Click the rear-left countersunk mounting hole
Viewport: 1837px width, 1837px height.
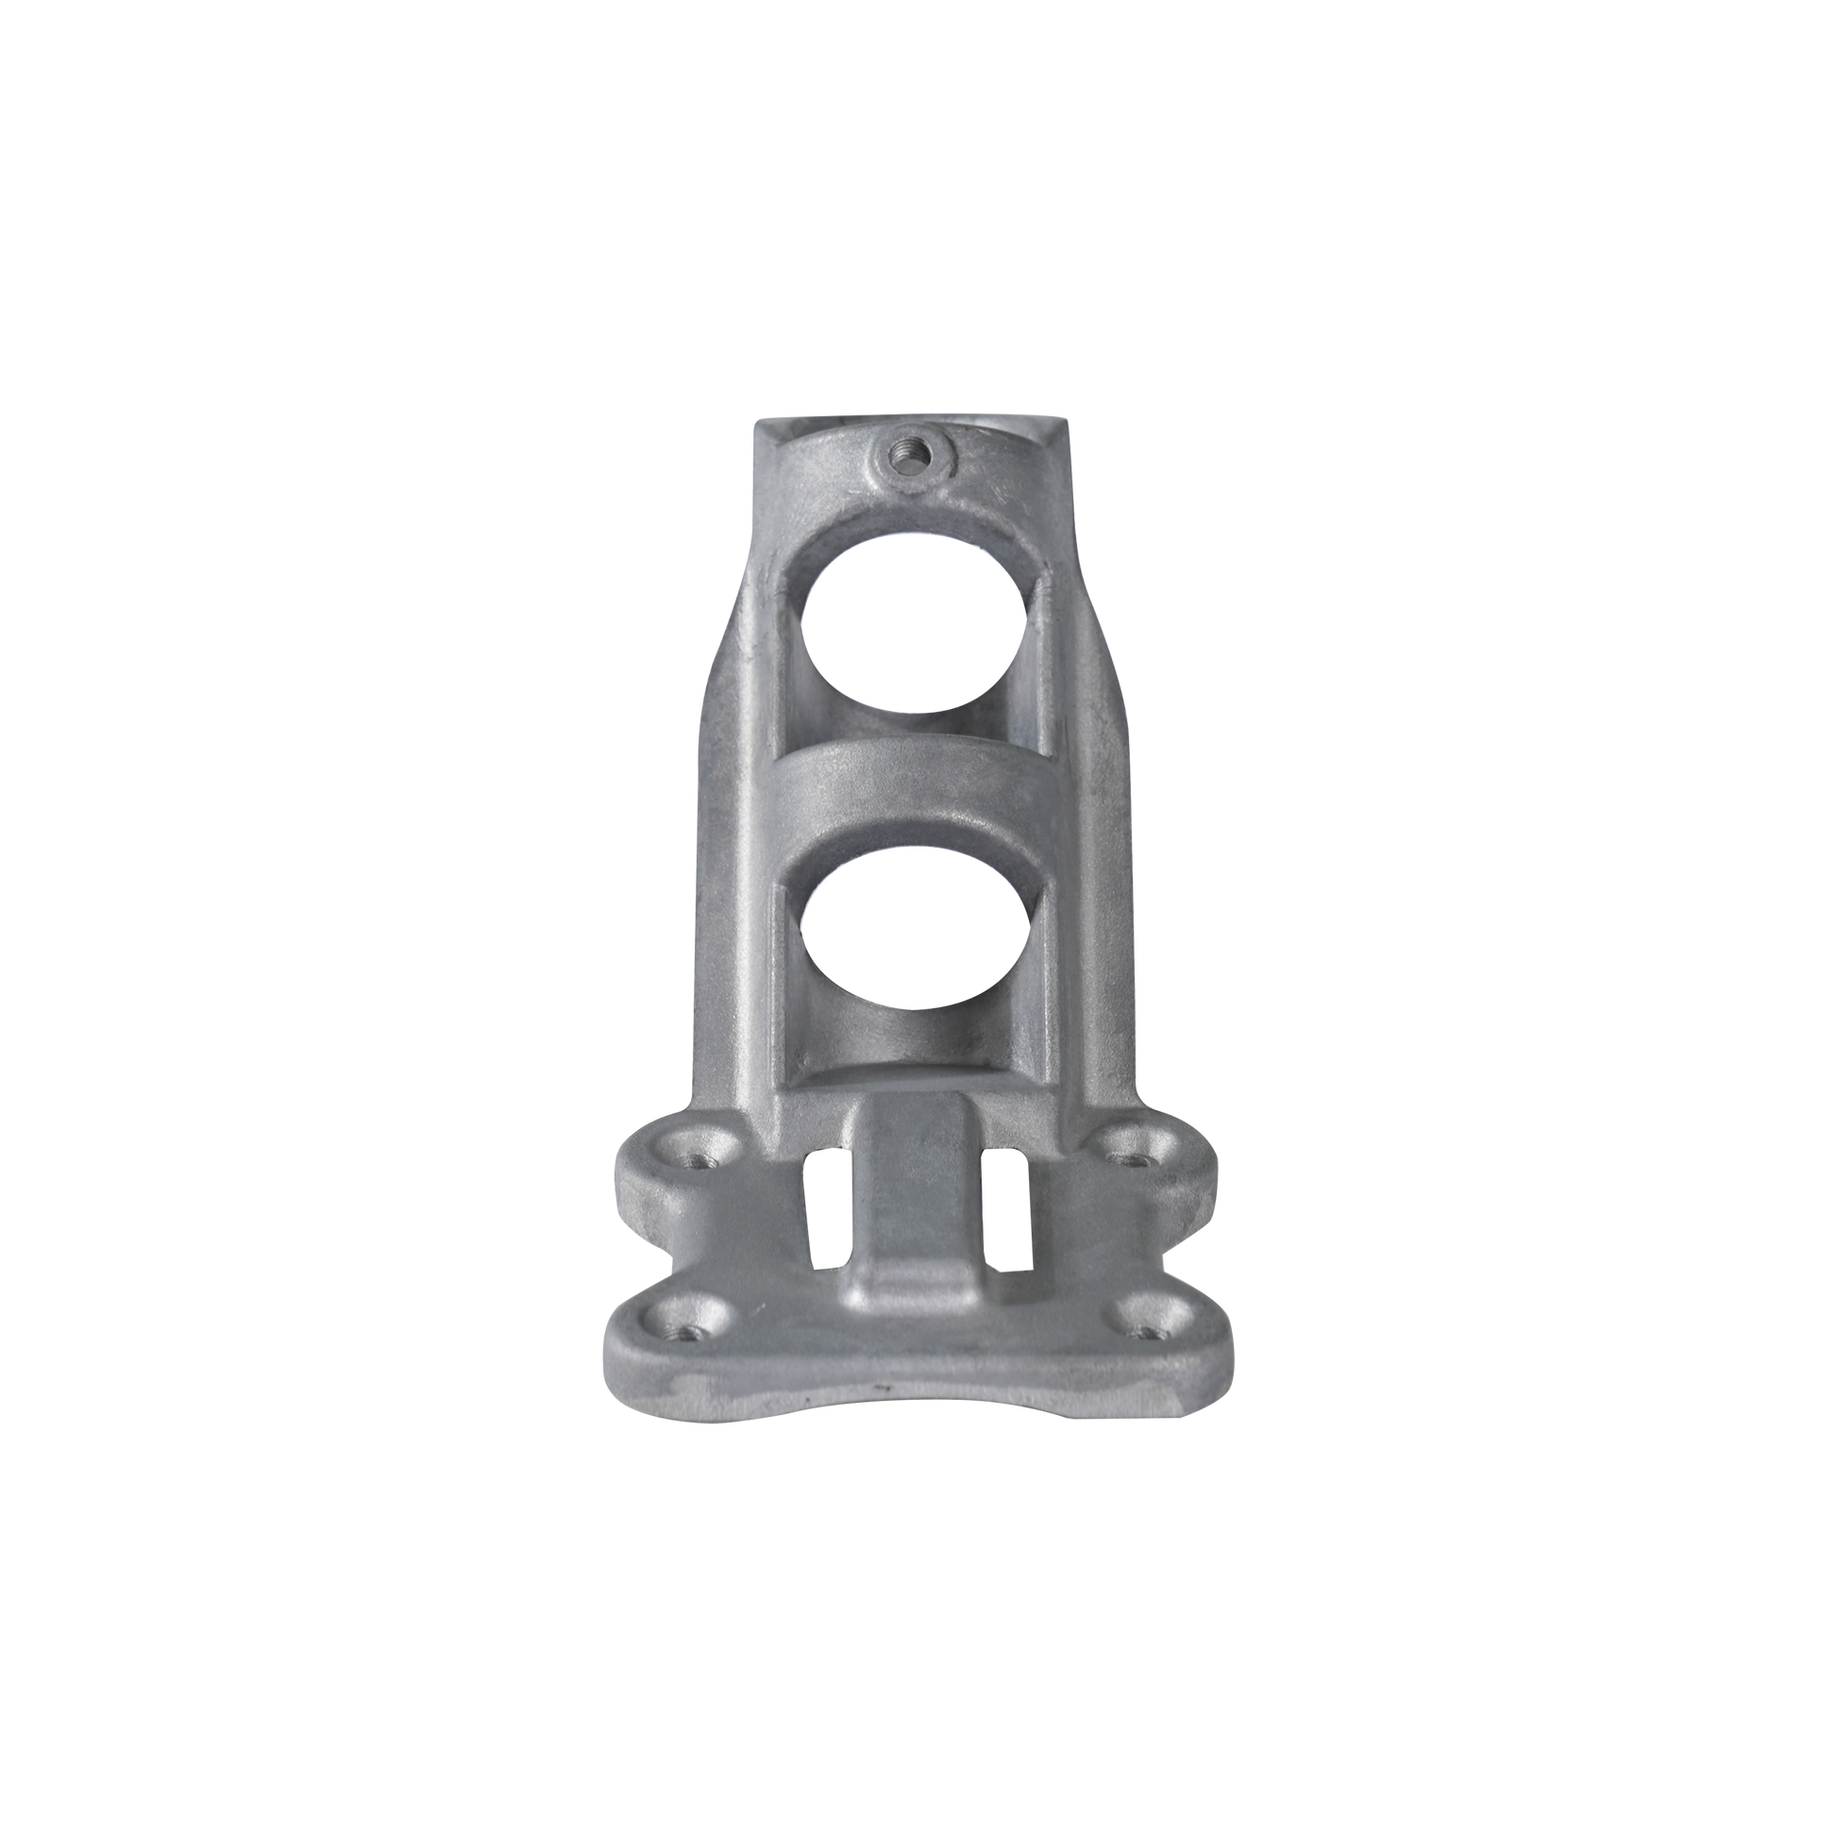(701, 1158)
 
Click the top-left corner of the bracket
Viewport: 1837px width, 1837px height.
(756, 421)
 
